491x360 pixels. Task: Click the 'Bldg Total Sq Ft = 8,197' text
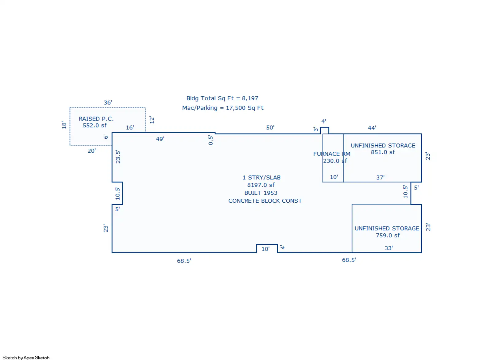pyautogui.click(x=222, y=98)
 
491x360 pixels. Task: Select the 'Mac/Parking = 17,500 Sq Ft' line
pyautogui.click(x=223, y=108)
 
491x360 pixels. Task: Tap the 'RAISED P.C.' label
pyautogui.click(x=96, y=119)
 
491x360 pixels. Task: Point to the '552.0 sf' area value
pyautogui.click(x=95, y=125)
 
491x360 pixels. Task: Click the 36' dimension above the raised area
pyautogui.click(x=108, y=102)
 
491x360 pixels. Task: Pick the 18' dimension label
pyautogui.click(x=64, y=125)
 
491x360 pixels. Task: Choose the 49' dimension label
pyautogui.click(x=160, y=139)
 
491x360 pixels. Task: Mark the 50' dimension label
pyautogui.click(x=270, y=128)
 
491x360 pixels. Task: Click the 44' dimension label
pyautogui.click(x=372, y=128)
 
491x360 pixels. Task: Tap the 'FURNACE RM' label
pyautogui.click(x=332, y=154)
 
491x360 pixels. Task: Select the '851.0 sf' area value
pyautogui.click(x=383, y=152)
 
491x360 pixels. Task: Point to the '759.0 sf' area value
pyautogui.click(x=388, y=236)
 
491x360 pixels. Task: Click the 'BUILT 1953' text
pyautogui.click(x=261, y=193)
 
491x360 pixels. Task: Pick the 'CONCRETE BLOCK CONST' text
pyautogui.click(x=265, y=201)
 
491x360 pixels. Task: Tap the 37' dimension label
pyautogui.click(x=380, y=178)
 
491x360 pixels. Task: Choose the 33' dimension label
pyautogui.click(x=389, y=248)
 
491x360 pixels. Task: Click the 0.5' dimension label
pyautogui.click(x=211, y=140)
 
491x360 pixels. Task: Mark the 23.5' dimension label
pyautogui.click(x=118, y=157)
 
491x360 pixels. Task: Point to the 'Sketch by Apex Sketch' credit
pyautogui.click(x=26, y=358)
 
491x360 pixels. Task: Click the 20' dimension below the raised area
pyautogui.click(x=92, y=151)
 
